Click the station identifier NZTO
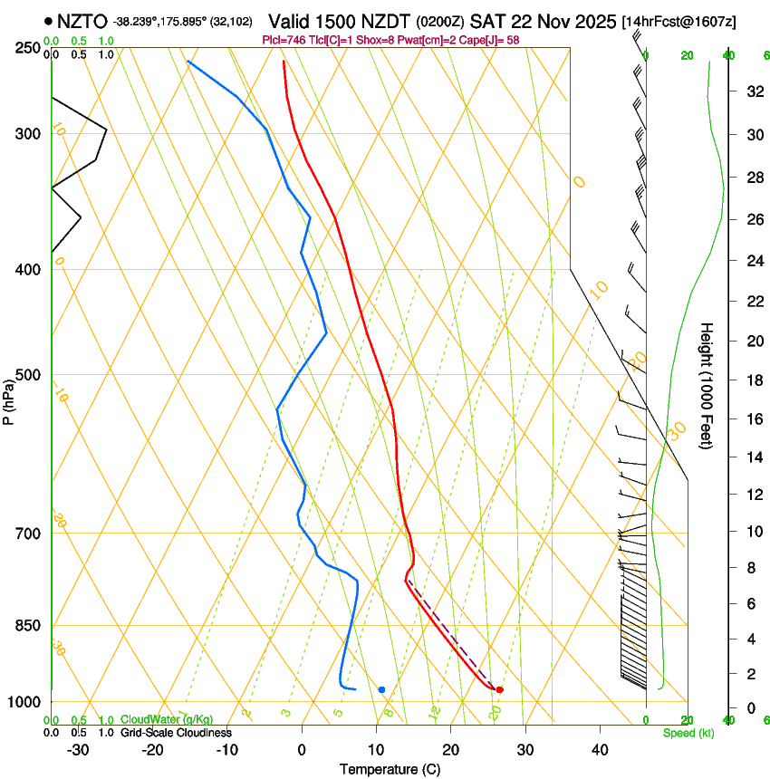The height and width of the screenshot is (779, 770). pos(82,21)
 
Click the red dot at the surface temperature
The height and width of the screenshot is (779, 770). pos(499,689)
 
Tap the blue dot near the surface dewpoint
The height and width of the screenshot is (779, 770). pos(381,689)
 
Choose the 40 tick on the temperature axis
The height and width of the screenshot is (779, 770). pos(599,750)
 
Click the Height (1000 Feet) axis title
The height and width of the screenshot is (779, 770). pos(707,385)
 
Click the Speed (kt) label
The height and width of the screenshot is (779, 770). pos(681,733)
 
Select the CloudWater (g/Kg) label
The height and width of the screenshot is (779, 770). pos(167,720)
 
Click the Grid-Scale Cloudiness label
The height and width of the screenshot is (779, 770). pos(178,733)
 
